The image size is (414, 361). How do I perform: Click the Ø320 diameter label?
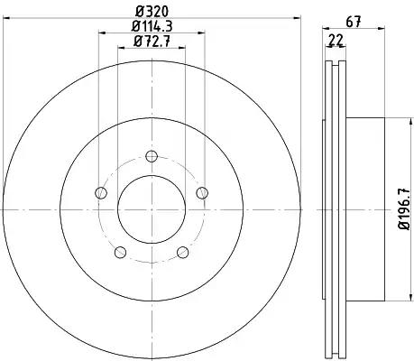tap(152, 11)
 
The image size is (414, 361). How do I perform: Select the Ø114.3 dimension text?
tap(152, 26)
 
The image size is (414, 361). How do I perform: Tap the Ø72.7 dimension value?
tap(152, 41)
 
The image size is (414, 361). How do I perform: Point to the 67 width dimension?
tap(354, 22)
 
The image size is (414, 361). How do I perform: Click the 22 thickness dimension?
tap(336, 40)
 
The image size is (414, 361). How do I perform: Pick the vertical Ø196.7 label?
tap(404, 208)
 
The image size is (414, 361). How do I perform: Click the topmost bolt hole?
tap(152, 156)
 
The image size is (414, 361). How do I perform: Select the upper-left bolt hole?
tap(101, 192)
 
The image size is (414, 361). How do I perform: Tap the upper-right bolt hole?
tap(202, 192)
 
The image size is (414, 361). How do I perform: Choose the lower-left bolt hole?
tap(120, 252)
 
